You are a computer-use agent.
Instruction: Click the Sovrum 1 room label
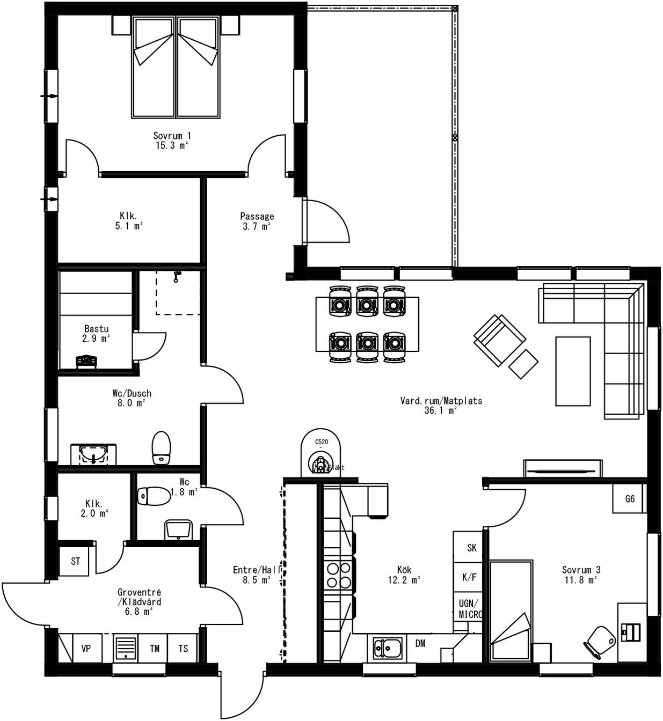[172, 136]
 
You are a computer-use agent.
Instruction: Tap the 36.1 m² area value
[440, 411]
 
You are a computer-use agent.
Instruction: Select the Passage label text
[257, 216]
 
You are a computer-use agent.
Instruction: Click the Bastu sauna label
[96, 329]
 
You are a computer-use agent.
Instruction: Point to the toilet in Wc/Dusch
[161, 447]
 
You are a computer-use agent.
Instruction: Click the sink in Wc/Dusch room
[93, 454]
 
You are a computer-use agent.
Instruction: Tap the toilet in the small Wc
[154, 496]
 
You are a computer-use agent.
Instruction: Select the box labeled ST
[76, 561]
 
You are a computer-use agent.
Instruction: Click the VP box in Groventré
[86, 649]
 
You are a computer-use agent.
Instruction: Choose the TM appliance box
[155, 649]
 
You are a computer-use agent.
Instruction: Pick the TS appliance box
[183, 649]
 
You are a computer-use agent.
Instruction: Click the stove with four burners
[338, 575]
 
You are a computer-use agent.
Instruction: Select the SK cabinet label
[471, 548]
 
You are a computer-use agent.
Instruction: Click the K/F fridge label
[469, 577]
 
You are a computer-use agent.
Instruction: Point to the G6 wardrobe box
[630, 498]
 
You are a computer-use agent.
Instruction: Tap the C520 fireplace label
[321, 442]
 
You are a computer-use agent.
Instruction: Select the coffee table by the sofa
[573, 371]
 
